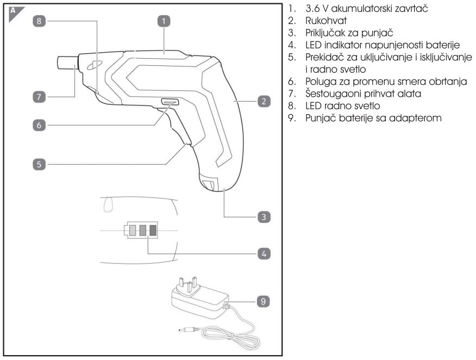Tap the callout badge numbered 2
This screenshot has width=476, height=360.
(263, 102)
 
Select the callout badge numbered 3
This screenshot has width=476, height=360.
(263, 216)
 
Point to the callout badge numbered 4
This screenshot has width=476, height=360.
(263, 253)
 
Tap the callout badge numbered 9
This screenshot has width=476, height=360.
(263, 300)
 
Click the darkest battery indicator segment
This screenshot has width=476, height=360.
(153, 231)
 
